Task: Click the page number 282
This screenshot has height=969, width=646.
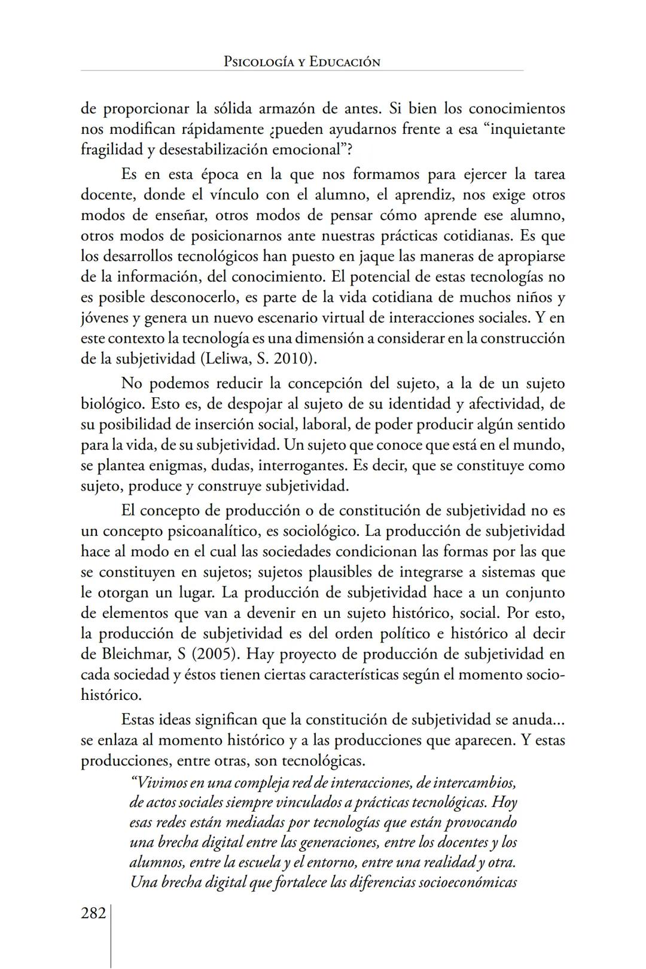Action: tap(93, 913)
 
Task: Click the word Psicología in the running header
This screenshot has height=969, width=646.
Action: tap(259, 62)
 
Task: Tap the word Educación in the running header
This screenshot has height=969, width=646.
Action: tap(345, 62)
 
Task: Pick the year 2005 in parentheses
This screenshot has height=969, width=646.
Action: tap(214, 654)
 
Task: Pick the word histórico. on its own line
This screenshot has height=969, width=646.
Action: tap(111, 695)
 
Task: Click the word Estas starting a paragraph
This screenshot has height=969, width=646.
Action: tap(140, 720)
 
